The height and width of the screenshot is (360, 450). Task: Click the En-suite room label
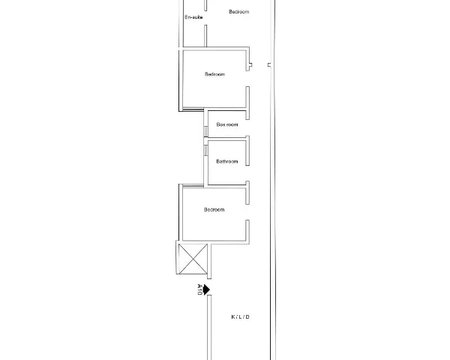(x=193, y=17)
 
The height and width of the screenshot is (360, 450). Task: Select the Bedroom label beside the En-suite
(x=239, y=12)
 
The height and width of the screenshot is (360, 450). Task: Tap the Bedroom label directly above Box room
(x=214, y=74)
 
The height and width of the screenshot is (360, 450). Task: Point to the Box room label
(x=227, y=124)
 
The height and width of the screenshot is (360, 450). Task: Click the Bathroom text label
(x=227, y=161)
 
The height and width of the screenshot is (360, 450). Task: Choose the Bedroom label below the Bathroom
(x=214, y=209)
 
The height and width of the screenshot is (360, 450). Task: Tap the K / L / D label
(x=240, y=317)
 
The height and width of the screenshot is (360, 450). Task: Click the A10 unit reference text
(x=199, y=289)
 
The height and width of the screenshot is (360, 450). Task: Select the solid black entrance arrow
(x=207, y=289)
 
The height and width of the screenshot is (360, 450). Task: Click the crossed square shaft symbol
(x=193, y=259)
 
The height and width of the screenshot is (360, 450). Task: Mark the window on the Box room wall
(x=205, y=131)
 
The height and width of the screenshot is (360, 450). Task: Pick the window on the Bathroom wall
(x=205, y=150)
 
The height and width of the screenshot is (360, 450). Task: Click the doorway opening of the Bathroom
(x=247, y=173)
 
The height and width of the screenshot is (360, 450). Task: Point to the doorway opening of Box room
(x=247, y=127)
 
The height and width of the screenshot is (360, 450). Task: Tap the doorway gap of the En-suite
(x=205, y=18)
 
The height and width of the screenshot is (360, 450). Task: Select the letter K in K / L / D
(x=232, y=317)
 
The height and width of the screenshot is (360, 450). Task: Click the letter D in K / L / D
(x=247, y=317)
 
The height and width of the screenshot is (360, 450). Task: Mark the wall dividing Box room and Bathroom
(x=226, y=139)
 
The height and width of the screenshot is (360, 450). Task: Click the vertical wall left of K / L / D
(x=209, y=328)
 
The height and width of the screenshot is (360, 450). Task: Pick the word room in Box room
(x=232, y=124)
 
